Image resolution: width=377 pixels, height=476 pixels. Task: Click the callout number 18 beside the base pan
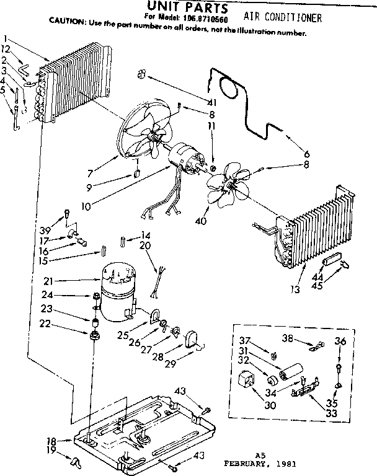pos(52,441)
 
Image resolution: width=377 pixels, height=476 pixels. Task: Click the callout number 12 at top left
pos(6,49)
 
